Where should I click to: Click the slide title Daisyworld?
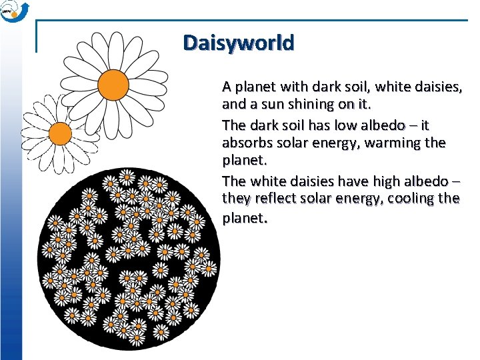point(239,43)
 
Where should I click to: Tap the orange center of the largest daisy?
point(116,83)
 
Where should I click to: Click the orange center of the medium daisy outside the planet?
point(60,133)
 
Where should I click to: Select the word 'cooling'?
point(417,199)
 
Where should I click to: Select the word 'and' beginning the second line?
point(234,104)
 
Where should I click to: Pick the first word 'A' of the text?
point(227,87)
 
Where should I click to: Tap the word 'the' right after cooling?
point(450,199)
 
